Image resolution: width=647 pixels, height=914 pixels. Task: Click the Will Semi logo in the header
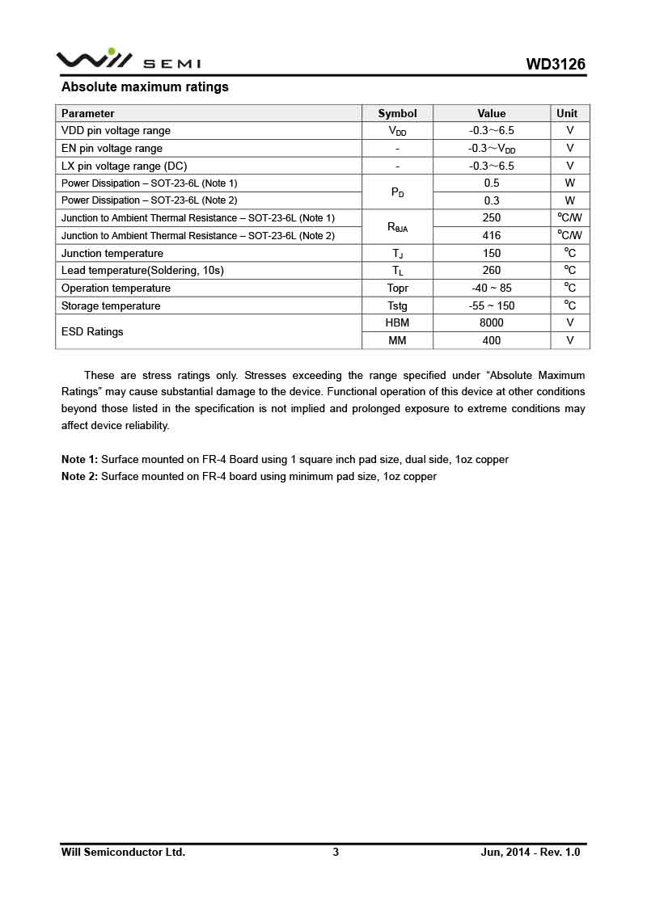coord(128,61)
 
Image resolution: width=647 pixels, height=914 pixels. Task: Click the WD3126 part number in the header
coord(556,65)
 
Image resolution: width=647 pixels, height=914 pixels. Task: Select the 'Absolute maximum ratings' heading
coord(145,87)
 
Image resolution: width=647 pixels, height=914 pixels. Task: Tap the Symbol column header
coord(397,114)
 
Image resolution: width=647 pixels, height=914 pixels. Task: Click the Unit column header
coord(567,114)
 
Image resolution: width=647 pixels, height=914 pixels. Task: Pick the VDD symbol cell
coord(397,131)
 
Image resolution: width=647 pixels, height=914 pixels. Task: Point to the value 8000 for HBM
coord(491,322)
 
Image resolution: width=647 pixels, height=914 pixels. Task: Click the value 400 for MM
coord(491,340)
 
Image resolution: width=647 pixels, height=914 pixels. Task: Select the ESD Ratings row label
coord(92,331)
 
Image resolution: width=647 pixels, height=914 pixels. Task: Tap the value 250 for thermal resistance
coord(491,217)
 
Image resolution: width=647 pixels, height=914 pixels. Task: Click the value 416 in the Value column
coord(491,235)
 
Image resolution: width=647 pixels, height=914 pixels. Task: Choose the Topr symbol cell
coord(397,289)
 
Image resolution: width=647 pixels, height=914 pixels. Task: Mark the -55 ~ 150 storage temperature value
coord(491,305)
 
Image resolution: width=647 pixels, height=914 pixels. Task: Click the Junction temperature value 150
coord(491,253)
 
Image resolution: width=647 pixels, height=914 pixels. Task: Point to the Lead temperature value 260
coord(491,271)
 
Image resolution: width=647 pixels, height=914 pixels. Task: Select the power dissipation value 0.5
coord(491,183)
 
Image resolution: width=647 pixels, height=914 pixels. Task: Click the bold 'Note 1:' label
coord(79,460)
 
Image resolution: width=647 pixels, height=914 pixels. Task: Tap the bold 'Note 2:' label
coord(79,477)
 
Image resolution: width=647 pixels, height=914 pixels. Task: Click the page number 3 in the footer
coord(336,852)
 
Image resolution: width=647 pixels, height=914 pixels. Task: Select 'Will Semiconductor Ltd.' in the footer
coord(123,852)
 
